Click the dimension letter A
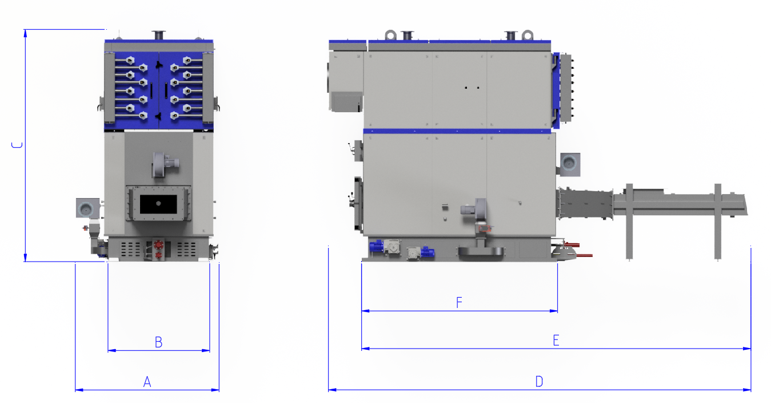[147, 382]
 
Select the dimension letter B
[158, 342]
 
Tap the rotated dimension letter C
[17, 145]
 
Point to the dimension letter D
[539, 382]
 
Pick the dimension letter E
[556, 340]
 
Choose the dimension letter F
[459, 302]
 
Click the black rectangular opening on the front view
[158, 204]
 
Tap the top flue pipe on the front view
[159, 35]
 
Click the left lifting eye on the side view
[391, 35]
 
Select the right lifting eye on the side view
[528, 35]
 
